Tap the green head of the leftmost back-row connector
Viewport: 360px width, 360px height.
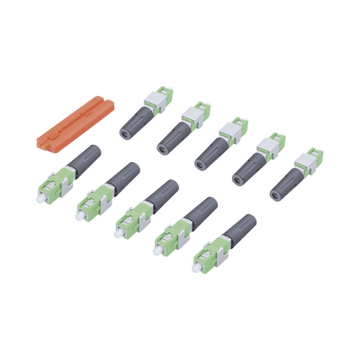162,99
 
